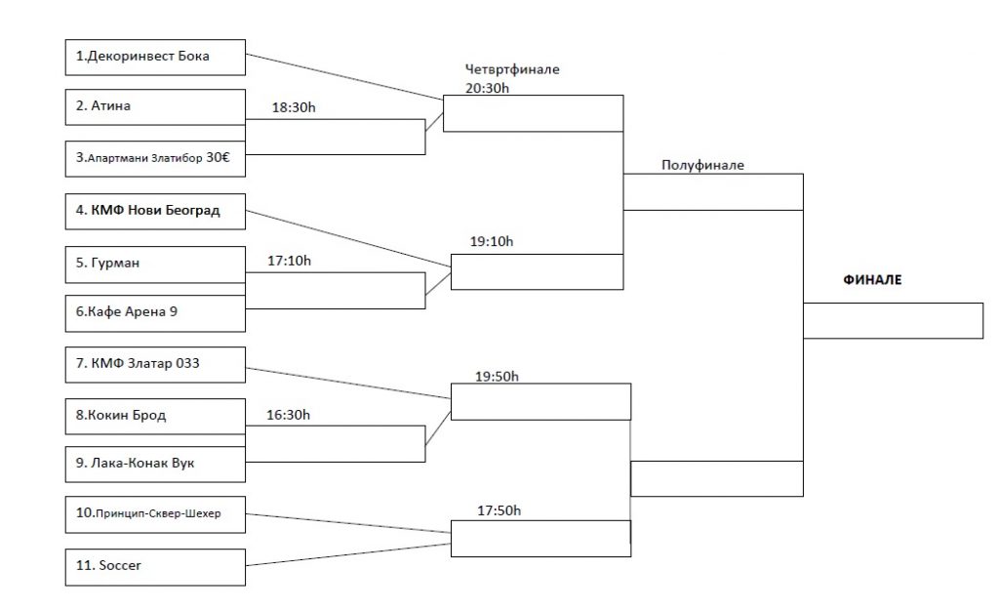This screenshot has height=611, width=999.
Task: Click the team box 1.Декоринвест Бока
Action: (155, 56)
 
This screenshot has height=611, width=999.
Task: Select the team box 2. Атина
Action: (155, 106)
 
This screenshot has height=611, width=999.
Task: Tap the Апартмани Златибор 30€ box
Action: (155, 158)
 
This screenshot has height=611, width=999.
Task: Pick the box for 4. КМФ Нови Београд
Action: (155, 211)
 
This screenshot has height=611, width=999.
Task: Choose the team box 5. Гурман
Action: (155, 263)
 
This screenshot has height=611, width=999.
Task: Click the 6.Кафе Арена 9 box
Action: (155, 313)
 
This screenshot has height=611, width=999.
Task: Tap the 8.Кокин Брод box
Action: (155, 415)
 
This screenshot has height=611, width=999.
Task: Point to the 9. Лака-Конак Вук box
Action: (155, 463)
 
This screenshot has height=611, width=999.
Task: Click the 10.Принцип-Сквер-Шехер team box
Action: (155, 514)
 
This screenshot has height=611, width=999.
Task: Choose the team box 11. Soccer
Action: (155, 565)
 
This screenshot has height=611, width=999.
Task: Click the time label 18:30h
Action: (294, 107)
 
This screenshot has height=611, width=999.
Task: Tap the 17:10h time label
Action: (291, 261)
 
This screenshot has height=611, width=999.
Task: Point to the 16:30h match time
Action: (289, 415)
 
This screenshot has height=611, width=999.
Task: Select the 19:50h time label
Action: (499, 376)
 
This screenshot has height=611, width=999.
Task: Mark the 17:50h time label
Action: (499, 509)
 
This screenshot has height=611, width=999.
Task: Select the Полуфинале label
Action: (702, 165)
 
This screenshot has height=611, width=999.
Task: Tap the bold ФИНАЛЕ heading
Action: (872, 280)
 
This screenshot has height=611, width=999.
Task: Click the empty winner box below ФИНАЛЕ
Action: (893, 320)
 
